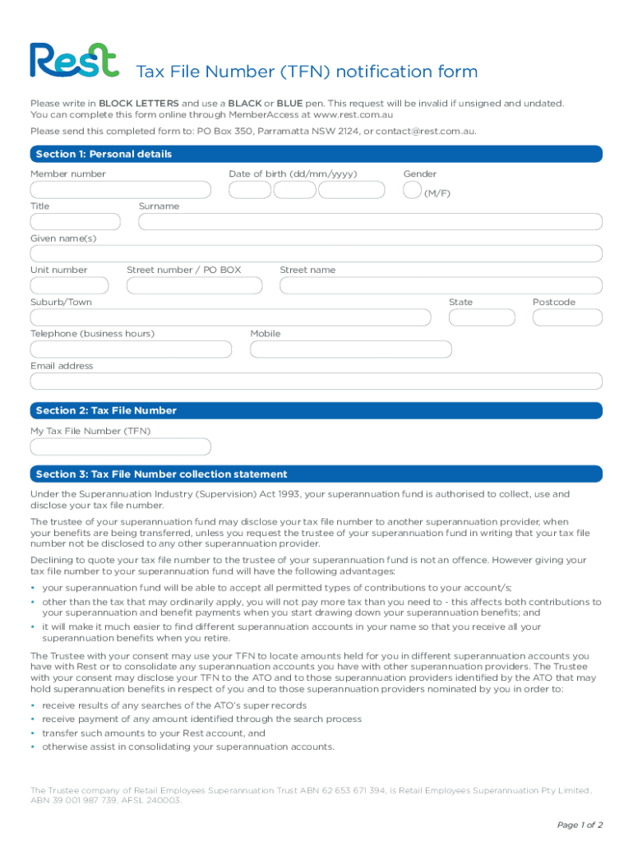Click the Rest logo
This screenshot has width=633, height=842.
[x=74, y=62]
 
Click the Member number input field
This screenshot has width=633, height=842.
[x=120, y=190]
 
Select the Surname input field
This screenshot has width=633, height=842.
[x=370, y=222]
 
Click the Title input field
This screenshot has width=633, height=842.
[x=74, y=222]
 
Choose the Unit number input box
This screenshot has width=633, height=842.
[x=69, y=285]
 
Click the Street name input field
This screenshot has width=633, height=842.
[x=441, y=285]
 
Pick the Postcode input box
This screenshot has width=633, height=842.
[x=566, y=317]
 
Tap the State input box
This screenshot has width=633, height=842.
[x=483, y=317]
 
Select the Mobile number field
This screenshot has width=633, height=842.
[x=350, y=349]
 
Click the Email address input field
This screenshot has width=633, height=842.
[x=316, y=382]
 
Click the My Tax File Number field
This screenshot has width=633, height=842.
[x=120, y=446]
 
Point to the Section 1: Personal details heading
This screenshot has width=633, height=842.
[x=104, y=155]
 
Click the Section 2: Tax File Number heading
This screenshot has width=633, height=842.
[x=106, y=410]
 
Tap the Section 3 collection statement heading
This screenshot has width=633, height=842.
[x=161, y=474]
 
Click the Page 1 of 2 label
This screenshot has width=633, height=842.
[x=580, y=825]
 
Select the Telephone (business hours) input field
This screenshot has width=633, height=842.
[x=131, y=349]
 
